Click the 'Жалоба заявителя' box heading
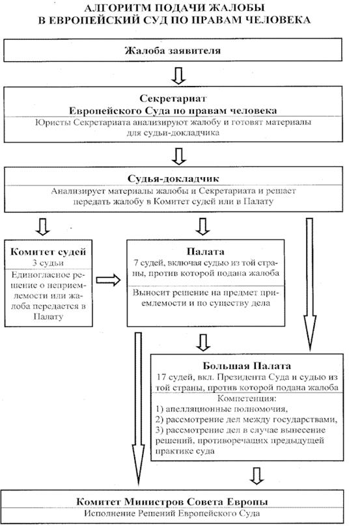pyautogui.click(x=173, y=51)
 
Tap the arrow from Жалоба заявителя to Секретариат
pyautogui.click(x=178, y=75)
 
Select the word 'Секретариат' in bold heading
pyautogui.click(x=173, y=98)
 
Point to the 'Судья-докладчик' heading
pyautogui.click(x=173, y=178)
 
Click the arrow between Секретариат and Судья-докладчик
pyautogui.click(x=179, y=156)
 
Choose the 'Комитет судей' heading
pyautogui.click(x=48, y=252)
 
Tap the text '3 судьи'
pyautogui.click(x=48, y=263)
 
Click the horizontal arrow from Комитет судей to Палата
pyautogui.click(x=108, y=280)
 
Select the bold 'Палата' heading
pyautogui.click(x=206, y=251)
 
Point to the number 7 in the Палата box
pyautogui.click(x=135, y=263)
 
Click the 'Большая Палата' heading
pyautogui.click(x=247, y=366)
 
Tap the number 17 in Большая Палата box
pyautogui.click(x=161, y=377)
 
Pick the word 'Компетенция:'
pyautogui.click(x=247, y=398)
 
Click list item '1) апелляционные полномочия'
pyautogui.click(x=221, y=409)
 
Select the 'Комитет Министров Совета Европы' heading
pyautogui.click(x=172, y=502)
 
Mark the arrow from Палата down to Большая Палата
pyautogui.click(x=203, y=342)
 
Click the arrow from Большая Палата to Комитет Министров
pyautogui.click(x=256, y=476)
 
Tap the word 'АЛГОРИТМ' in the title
pyautogui.click(x=118, y=8)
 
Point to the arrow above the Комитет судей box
pyautogui.click(x=43, y=226)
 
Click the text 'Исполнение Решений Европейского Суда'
pyautogui.click(x=172, y=514)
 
